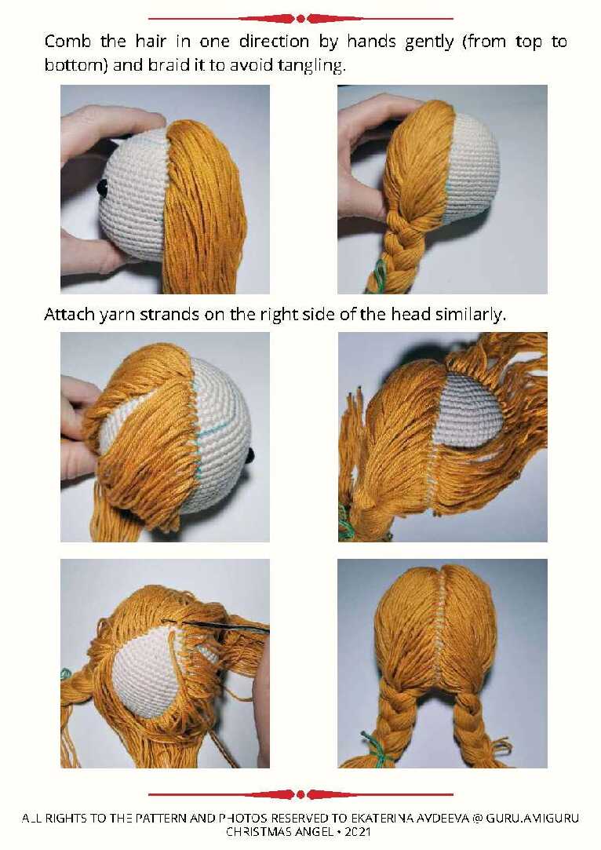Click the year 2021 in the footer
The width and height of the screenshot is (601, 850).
pyautogui.click(x=358, y=832)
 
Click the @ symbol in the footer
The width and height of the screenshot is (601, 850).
pyautogui.click(x=477, y=818)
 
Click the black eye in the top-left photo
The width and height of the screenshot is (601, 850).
pyautogui.click(x=102, y=188)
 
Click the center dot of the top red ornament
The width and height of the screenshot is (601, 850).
pyautogui.click(x=300, y=19)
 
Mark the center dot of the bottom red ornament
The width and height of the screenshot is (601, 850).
pyautogui.click(x=300, y=795)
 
